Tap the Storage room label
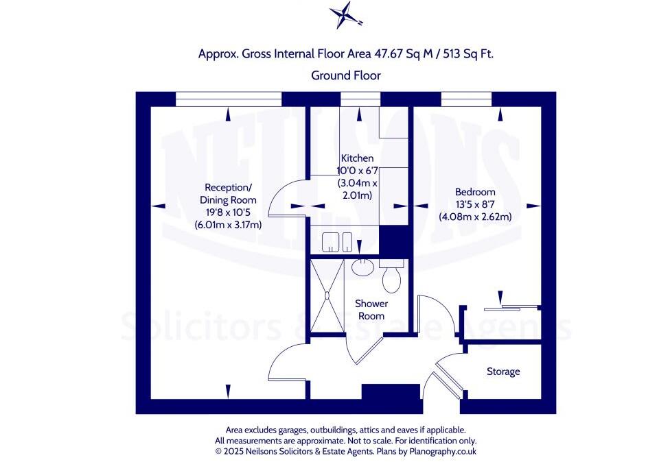(503, 372)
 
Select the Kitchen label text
(356, 158)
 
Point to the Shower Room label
(371, 309)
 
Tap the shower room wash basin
(362, 267)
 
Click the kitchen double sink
(338, 241)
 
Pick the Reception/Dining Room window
(229, 100)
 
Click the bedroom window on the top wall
(467, 100)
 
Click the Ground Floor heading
(346, 75)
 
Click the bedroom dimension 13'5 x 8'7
(476, 204)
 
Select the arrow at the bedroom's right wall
(531, 205)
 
